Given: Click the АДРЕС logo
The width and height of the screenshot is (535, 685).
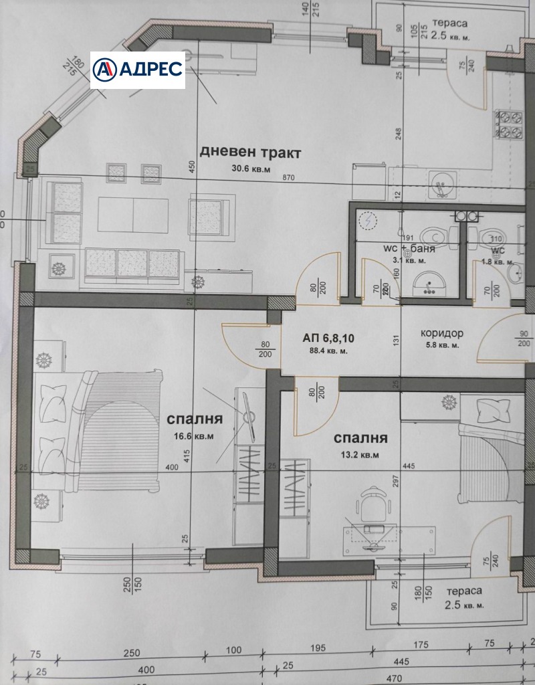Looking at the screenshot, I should click(138, 70).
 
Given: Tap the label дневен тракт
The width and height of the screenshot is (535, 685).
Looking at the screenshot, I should click(251, 153).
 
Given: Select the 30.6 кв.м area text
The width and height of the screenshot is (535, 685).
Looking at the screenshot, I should click(251, 169).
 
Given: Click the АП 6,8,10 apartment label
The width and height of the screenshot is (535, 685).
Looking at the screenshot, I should click(329, 338).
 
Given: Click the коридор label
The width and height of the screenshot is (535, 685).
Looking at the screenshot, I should click(442, 333).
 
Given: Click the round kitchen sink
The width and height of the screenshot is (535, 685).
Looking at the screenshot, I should click(441, 181).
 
